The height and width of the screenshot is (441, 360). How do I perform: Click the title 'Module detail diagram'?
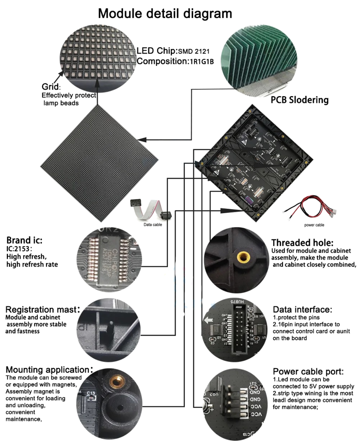[x=165, y=14]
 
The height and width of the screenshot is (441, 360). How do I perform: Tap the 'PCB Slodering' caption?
[x=300, y=100]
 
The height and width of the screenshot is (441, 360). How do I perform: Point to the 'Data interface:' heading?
[x=302, y=309]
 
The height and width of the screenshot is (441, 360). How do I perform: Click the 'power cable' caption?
[x=314, y=225]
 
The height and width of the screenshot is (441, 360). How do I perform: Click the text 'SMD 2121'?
[x=194, y=51]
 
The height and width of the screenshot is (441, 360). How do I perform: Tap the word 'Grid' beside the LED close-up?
[x=49, y=87]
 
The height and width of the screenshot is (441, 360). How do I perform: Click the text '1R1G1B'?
[x=201, y=61]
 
